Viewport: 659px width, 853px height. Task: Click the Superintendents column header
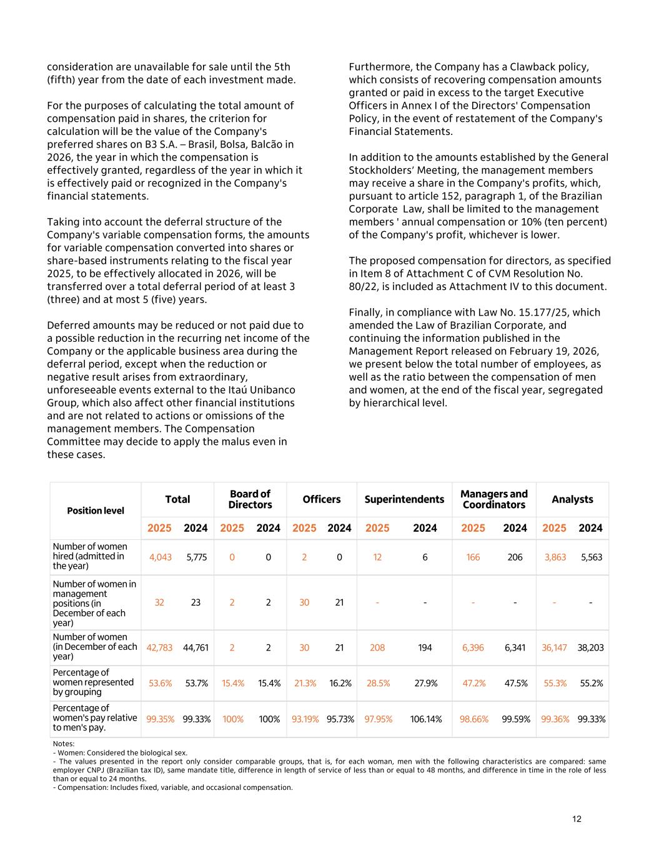tap(404, 499)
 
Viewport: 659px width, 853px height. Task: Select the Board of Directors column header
tap(250, 499)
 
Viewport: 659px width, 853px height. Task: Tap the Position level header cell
tap(96, 511)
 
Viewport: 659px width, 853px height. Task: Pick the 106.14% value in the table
tap(425, 719)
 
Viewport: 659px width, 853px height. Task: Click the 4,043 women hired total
tap(161, 557)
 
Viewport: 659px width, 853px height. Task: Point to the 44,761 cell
tap(196, 647)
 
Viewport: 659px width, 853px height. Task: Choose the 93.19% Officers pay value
tap(304, 719)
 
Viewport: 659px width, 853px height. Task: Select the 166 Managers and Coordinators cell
tap(473, 557)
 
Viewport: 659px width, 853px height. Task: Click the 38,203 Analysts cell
tap(590, 647)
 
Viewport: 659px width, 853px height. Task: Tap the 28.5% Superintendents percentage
tap(377, 683)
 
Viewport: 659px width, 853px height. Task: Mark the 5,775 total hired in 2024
tap(196, 557)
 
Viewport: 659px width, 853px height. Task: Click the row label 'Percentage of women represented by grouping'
tap(93, 682)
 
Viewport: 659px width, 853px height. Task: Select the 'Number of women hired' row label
tap(90, 556)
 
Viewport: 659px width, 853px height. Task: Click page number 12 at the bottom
tap(577, 819)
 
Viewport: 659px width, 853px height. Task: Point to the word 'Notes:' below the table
tap(64, 744)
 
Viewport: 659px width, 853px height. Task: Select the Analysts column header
tap(572, 499)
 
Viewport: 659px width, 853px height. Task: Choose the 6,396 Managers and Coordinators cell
tap(473, 647)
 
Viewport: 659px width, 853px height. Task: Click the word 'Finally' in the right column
tap(365, 312)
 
